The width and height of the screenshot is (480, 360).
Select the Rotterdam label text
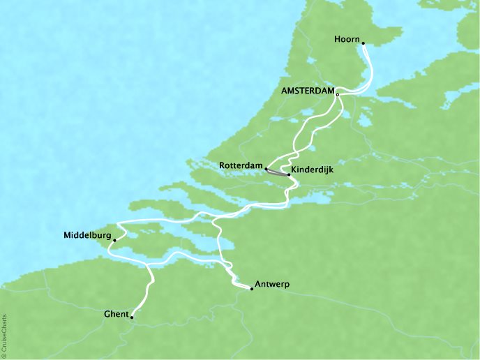(x=240, y=166)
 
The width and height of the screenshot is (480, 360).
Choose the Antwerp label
(x=272, y=284)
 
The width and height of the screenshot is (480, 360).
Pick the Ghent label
(x=114, y=314)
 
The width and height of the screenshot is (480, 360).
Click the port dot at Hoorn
(x=363, y=43)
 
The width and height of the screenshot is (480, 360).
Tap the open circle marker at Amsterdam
(x=338, y=95)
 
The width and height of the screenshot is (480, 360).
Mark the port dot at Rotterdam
(x=266, y=168)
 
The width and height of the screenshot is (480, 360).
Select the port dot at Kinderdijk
(x=289, y=175)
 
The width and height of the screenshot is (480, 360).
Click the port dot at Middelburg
(x=114, y=240)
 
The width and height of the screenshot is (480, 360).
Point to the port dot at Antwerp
(x=251, y=288)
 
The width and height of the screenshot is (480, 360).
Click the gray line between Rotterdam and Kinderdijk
(x=277, y=172)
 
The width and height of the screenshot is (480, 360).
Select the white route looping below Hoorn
(x=368, y=70)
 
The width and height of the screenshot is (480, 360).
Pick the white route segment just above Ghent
(x=145, y=297)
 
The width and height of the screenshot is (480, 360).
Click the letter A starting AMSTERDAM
(x=283, y=90)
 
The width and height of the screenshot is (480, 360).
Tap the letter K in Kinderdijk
(x=294, y=170)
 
